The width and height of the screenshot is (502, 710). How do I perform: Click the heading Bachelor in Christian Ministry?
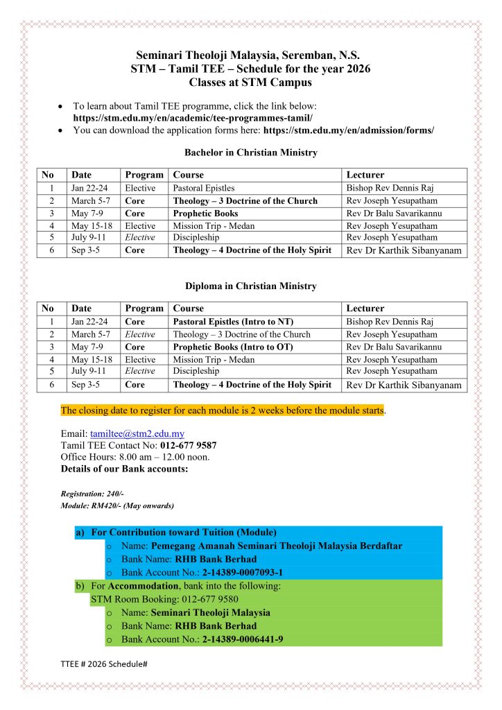[x=251, y=153]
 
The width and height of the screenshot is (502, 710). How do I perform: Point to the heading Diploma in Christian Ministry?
[x=251, y=286]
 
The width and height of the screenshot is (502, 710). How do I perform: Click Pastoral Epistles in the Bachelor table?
[x=204, y=188]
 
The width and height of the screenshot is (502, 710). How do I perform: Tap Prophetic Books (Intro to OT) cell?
[x=233, y=347]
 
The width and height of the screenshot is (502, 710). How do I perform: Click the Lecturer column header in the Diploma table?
[x=365, y=309]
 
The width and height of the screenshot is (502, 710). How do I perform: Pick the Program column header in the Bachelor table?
[x=144, y=175]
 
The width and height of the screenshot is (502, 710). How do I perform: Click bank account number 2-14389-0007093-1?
[x=243, y=573]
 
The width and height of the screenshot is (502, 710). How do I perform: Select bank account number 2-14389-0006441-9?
[x=243, y=639]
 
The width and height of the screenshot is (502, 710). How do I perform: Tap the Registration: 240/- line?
[x=92, y=493]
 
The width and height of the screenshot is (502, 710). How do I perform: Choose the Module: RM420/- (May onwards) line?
[x=117, y=505]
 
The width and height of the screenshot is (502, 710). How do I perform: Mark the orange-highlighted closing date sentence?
[x=222, y=410]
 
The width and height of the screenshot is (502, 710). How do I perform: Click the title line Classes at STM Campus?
[x=250, y=82]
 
